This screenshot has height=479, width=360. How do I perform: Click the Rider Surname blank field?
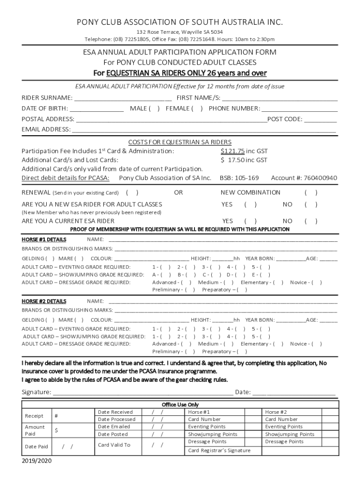(x=123, y=98)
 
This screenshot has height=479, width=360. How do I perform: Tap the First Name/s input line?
(x=280, y=98)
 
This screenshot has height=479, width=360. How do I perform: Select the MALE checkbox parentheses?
(x=154, y=109)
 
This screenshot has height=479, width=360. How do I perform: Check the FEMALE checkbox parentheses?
(x=197, y=109)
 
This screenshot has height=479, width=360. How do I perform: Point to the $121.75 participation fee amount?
(x=233, y=152)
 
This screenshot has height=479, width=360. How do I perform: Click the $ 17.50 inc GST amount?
(x=244, y=160)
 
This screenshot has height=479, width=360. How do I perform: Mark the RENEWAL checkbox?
(x=132, y=193)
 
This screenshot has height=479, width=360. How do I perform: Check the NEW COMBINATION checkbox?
(x=311, y=193)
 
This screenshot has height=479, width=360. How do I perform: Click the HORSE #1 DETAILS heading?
(x=44, y=239)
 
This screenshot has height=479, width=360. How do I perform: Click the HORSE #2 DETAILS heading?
(x=44, y=301)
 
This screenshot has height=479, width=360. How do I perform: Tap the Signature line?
(x=143, y=392)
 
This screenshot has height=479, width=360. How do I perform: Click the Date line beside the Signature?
(x=294, y=392)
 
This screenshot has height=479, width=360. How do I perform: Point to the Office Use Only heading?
(x=180, y=405)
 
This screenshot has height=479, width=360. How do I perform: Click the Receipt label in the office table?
(x=34, y=416)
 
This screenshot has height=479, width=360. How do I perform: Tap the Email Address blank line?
(x=204, y=130)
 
